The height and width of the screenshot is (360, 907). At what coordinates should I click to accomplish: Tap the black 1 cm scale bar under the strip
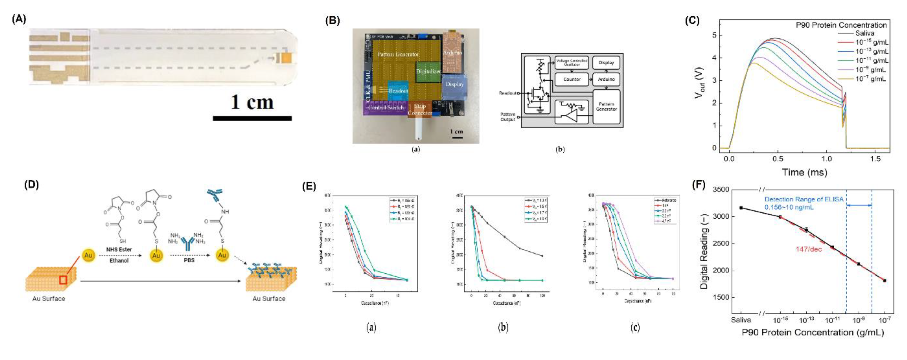(252, 118)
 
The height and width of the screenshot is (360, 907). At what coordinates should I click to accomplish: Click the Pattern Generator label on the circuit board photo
(398, 54)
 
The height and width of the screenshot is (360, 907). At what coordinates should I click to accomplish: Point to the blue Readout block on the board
(398, 91)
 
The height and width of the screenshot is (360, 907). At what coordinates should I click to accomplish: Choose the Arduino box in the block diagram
(606, 79)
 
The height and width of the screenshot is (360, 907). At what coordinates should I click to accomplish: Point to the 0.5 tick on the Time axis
(778, 159)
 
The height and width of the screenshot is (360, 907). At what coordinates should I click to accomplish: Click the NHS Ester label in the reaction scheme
(119, 249)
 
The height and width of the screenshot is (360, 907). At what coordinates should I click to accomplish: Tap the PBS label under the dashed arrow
(189, 260)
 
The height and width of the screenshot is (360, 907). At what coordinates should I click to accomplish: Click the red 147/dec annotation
(809, 249)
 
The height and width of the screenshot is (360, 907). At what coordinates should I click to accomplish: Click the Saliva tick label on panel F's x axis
(741, 320)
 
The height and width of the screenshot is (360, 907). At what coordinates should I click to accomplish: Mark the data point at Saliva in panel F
(741, 208)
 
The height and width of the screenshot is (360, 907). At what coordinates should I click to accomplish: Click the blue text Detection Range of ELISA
(804, 199)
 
